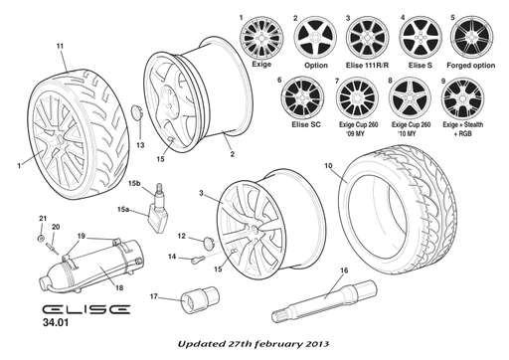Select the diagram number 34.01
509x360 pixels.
[x=57, y=324]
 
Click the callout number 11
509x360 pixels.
[x=60, y=47]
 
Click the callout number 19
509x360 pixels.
[x=83, y=236]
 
